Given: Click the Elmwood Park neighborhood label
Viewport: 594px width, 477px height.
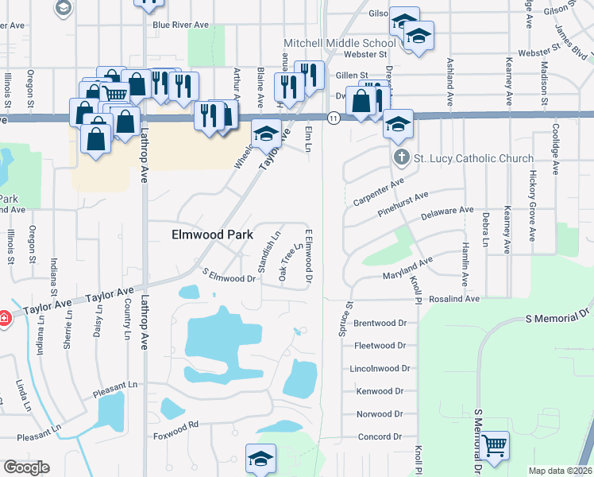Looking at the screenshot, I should [213, 235].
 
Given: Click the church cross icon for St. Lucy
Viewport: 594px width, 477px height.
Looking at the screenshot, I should [402, 158].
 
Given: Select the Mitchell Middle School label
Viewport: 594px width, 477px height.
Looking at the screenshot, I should [339, 43].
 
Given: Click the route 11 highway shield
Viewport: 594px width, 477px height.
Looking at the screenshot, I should [334, 118].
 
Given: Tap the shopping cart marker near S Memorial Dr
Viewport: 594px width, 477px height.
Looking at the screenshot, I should [494, 446].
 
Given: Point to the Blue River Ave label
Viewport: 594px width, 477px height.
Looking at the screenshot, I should [180, 25].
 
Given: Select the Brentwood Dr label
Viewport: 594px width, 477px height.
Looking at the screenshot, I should [380, 324].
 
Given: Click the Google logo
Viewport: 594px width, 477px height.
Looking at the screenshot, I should [26, 467].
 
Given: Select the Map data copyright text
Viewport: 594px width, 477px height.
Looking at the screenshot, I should [560, 471].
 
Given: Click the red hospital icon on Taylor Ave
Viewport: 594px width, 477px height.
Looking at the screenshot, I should [4, 317].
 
